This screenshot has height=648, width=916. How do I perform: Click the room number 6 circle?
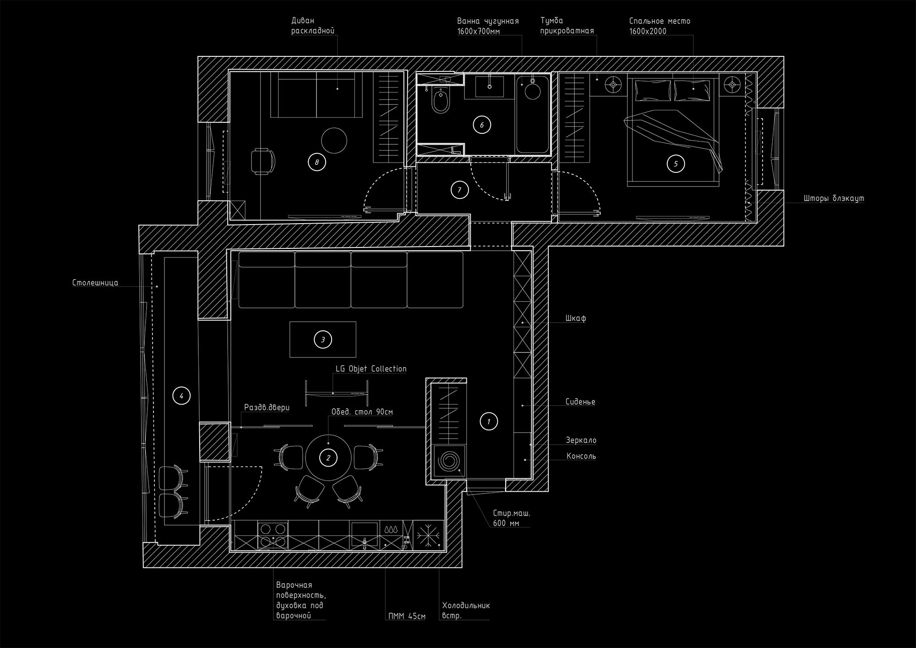click(x=482, y=125)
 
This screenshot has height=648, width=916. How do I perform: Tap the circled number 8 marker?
click(x=316, y=162)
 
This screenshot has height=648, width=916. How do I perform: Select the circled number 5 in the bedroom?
click(x=676, y=164)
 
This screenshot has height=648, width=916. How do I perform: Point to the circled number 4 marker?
click(x=181, y=395)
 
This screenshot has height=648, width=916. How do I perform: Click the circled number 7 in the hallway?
click(x=459, y=190)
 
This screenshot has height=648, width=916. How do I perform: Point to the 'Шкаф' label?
click(x=576, y=318)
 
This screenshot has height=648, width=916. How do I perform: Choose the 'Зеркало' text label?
click(x=581, y=440)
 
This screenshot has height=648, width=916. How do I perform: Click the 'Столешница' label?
click(x=95, y=283)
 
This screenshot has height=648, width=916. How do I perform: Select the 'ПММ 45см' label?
click(x=407, y=616)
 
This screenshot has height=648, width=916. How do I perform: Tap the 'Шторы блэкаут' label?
click(x=834, y=199)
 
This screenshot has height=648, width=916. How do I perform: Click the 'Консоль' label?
click(x=581, y=456)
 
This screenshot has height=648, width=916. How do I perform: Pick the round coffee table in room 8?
click(x=334, y=140)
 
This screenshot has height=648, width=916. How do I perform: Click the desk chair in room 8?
click(x=263, y=161)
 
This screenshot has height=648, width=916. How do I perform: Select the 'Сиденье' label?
click(x=580, y=402)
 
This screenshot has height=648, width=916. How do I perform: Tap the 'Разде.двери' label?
click(x=267, y=407)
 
